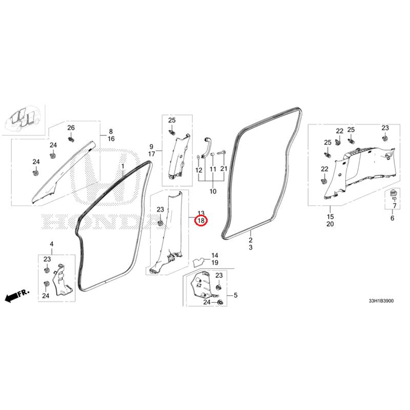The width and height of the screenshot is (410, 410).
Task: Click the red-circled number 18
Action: [201, 221]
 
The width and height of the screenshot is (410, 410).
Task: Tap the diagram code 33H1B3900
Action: [381, 301]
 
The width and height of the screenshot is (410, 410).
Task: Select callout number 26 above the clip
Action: [71, 128]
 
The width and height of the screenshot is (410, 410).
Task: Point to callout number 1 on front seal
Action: [122, 166]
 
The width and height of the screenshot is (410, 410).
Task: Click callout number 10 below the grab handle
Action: [213, 191]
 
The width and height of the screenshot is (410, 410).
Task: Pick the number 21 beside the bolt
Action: [224, 169]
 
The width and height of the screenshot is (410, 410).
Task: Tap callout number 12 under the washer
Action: [199, 170]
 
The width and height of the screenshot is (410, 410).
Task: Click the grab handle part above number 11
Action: [206, 147]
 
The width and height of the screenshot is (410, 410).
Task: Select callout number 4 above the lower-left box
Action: [52, 244]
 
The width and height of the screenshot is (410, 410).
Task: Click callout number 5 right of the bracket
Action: [236, 295]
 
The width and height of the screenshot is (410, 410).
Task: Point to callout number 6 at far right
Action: [392, 218]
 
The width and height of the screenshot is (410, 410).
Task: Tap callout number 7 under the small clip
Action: [395, 206]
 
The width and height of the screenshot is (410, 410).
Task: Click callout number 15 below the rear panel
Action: [330, 216]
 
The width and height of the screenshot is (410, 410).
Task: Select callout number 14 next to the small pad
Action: [215, 255]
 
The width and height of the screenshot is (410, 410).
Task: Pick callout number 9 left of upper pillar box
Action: [151, 147]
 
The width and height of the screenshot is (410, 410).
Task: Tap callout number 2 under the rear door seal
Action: [251, 240]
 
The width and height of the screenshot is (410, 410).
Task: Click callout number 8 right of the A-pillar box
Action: [111, 132]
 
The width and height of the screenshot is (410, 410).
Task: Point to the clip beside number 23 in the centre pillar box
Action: [160, 223]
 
